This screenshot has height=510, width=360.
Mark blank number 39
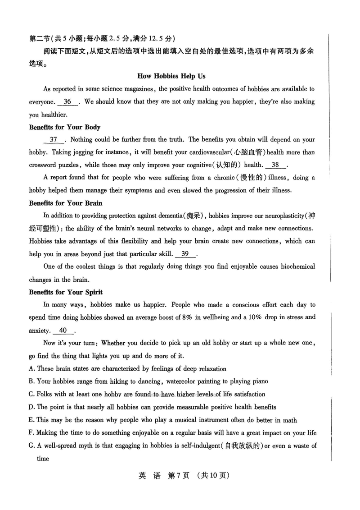point(184,254)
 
